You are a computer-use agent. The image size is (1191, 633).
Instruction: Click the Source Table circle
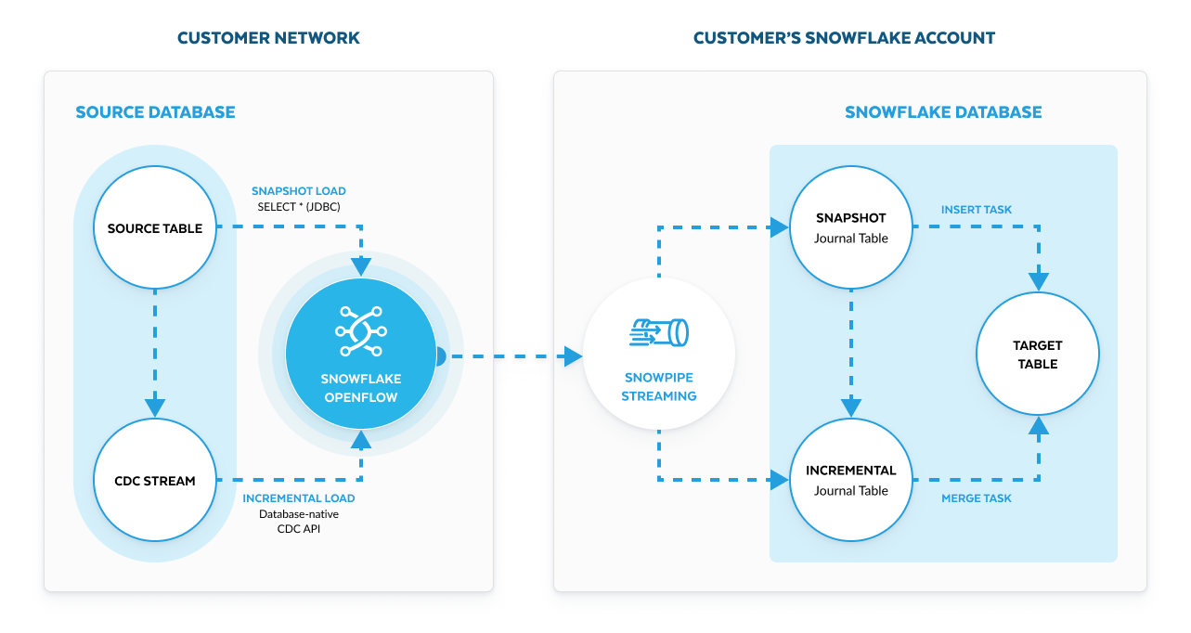[155, 228]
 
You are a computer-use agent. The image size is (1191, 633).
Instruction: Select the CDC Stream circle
[155, 481]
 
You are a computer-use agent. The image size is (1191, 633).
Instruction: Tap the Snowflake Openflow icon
[360, 331]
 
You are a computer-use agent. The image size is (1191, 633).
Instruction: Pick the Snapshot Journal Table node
[850, 228]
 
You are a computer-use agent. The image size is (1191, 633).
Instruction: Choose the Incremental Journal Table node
[850, 480]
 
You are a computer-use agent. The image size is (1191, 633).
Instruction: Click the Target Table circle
[1038, 355]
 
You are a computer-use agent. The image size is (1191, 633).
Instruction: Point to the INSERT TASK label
[977, 210]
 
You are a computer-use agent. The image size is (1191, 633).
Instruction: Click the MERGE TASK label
[977, 498]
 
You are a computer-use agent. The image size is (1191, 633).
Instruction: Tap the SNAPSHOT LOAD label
[299, 191]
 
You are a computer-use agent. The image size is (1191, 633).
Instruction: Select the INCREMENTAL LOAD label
[299, 498]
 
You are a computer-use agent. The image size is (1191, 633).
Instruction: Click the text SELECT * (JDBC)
[299, 207]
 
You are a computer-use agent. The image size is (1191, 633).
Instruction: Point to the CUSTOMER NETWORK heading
[268, 38]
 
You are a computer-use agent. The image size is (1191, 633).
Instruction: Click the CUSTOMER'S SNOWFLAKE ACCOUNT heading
[844, 38]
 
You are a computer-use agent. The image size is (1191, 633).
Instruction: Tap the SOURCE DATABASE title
[155, 112]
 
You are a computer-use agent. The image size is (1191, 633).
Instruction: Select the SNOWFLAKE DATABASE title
[943, 112]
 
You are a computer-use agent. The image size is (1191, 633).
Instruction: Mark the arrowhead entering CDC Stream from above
[155, 407]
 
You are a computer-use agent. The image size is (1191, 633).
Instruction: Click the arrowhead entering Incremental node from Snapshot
[850, 407]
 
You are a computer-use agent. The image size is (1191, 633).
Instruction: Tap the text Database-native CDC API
[299, 522]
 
